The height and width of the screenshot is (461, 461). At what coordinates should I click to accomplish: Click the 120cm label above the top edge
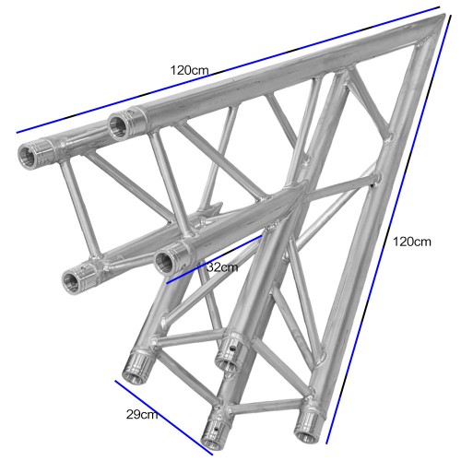(190, 70)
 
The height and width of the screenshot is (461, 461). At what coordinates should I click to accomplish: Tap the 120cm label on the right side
(412, 242)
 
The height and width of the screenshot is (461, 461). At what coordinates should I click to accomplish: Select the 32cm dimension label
(222, 267)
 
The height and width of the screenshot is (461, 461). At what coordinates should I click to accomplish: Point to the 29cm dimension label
(142, 414)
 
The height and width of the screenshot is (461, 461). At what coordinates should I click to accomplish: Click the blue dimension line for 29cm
(164, 418)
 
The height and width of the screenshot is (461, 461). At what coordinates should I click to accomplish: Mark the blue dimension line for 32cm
(214, 259)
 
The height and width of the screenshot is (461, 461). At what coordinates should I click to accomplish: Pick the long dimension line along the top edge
(228, 70)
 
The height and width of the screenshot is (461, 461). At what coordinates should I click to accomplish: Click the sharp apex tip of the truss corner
(444, 15)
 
